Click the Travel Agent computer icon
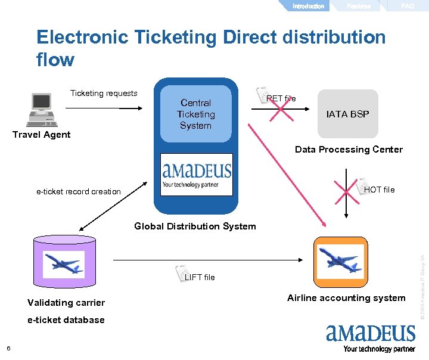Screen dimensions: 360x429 click(x=42, y=110)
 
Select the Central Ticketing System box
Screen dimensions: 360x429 click(x=195, y=114)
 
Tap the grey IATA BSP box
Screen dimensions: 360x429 click(x=347, y=114)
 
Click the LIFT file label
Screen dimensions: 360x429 click(x=200, y=277)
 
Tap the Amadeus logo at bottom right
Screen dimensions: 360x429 click(x=371, y=337)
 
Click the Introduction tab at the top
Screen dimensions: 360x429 click(x=308, y=6)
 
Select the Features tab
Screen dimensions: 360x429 click(x=359, y=6)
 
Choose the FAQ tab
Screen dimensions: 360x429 click(x=408, y=6)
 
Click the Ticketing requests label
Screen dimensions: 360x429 click(x=104, y=93)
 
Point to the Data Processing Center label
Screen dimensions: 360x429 click(x=349, y=150)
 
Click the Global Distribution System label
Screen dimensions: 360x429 click(x=195, y=226)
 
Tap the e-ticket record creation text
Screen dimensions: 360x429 click(x=78, y=191)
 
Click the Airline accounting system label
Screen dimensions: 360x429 click(x=346, y=298)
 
